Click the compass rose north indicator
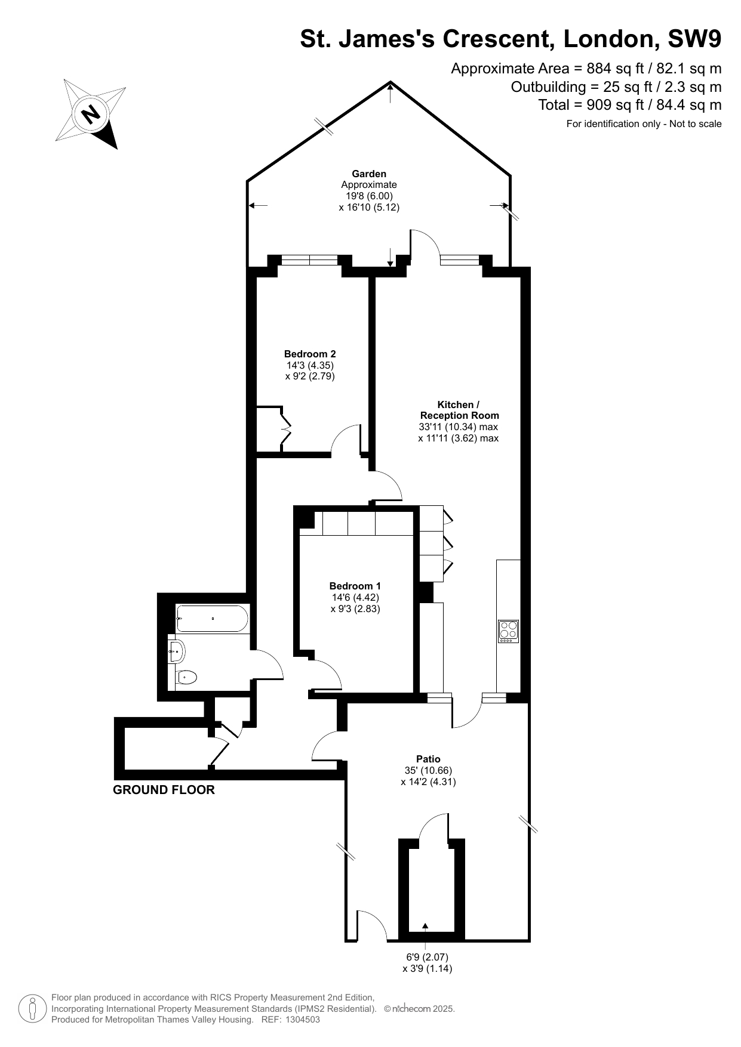pos(90,113)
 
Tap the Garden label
pos(368,174)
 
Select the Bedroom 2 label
pos(310,353)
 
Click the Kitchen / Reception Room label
pos(459,410)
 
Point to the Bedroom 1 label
pos(355,586)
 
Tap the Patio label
pos(428,759)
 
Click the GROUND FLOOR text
pos(164,790)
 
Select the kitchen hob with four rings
pos(508,631)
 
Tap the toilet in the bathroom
pos(186,677)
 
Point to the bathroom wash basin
pos(177,651)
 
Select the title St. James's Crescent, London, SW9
pos(511,39)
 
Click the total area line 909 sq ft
pos(630,105)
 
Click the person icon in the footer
pos(33,1009)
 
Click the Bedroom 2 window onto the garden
pos(309,260)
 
